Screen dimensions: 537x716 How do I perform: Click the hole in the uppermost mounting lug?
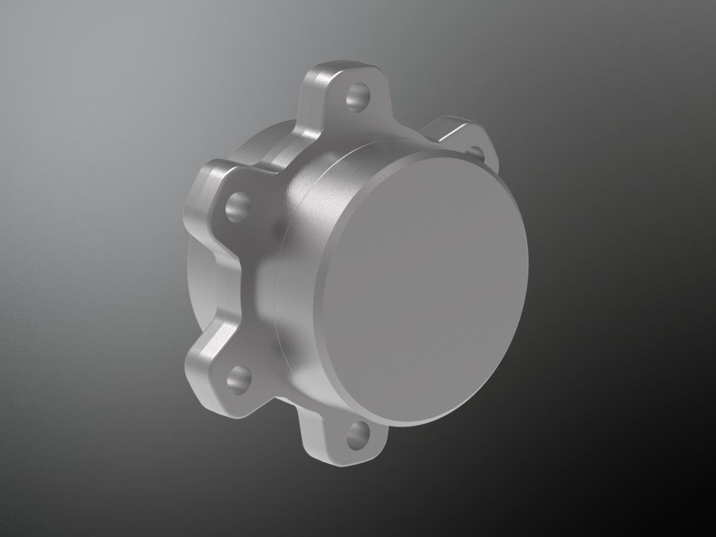click(358, 98)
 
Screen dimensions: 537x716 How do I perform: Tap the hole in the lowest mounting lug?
click(358, 434)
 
